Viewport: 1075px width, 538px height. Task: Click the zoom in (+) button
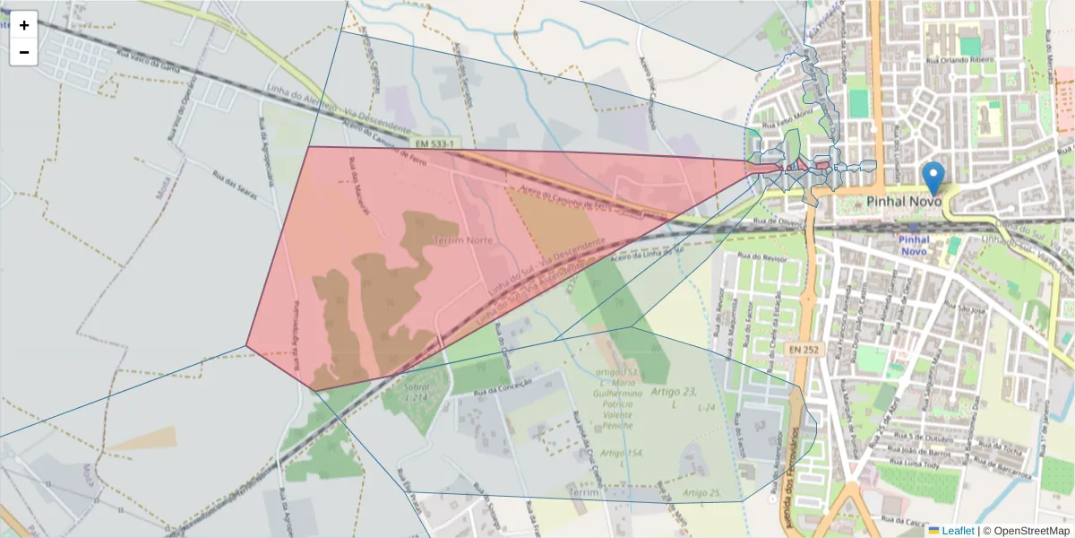[x=24, y=25]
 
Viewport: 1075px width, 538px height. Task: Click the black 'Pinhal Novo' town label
[x=904, y=202]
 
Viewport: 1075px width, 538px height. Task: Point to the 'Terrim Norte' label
[x=463, y=240]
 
